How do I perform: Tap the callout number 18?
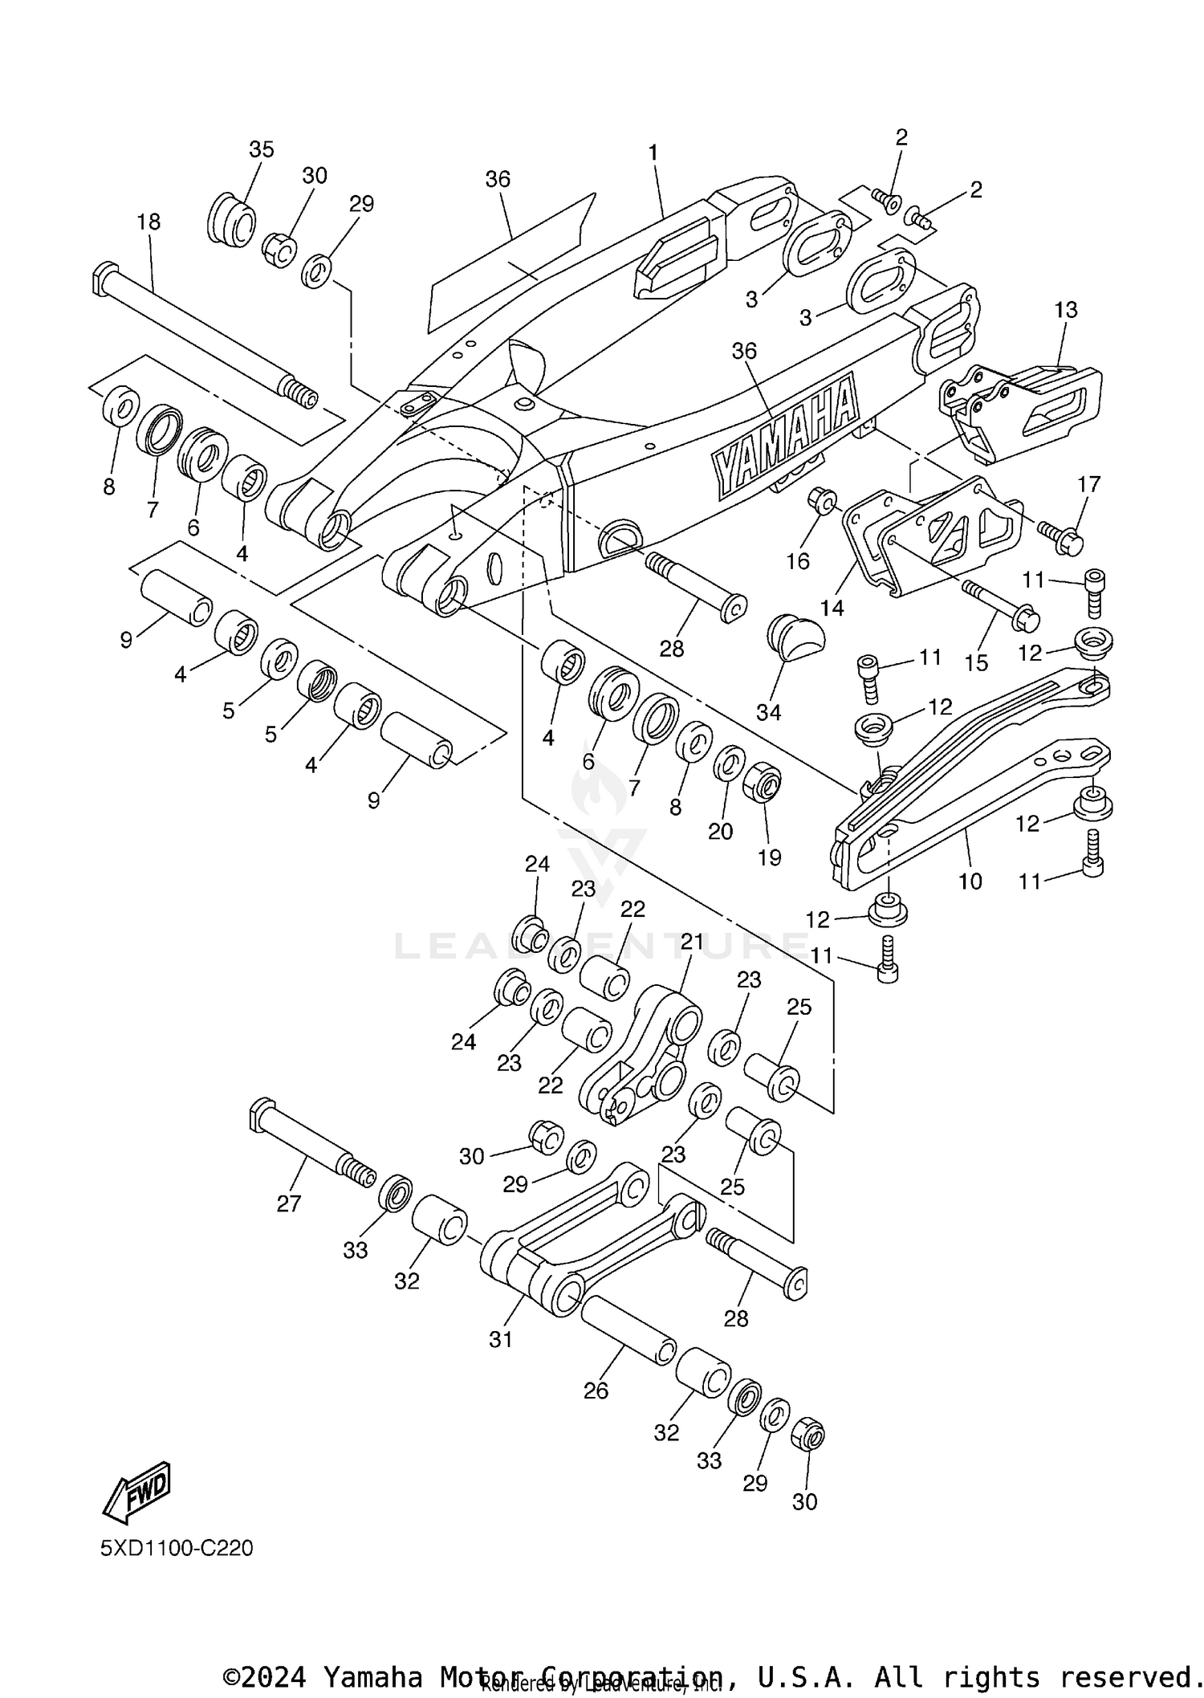(148, 222)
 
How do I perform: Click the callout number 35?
(261, 149)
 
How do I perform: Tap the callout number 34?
(768, 712)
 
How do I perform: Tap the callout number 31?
(500, 1339)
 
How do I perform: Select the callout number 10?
(970, 882)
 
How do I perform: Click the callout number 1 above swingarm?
(653, 153)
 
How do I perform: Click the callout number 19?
(769, 858)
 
